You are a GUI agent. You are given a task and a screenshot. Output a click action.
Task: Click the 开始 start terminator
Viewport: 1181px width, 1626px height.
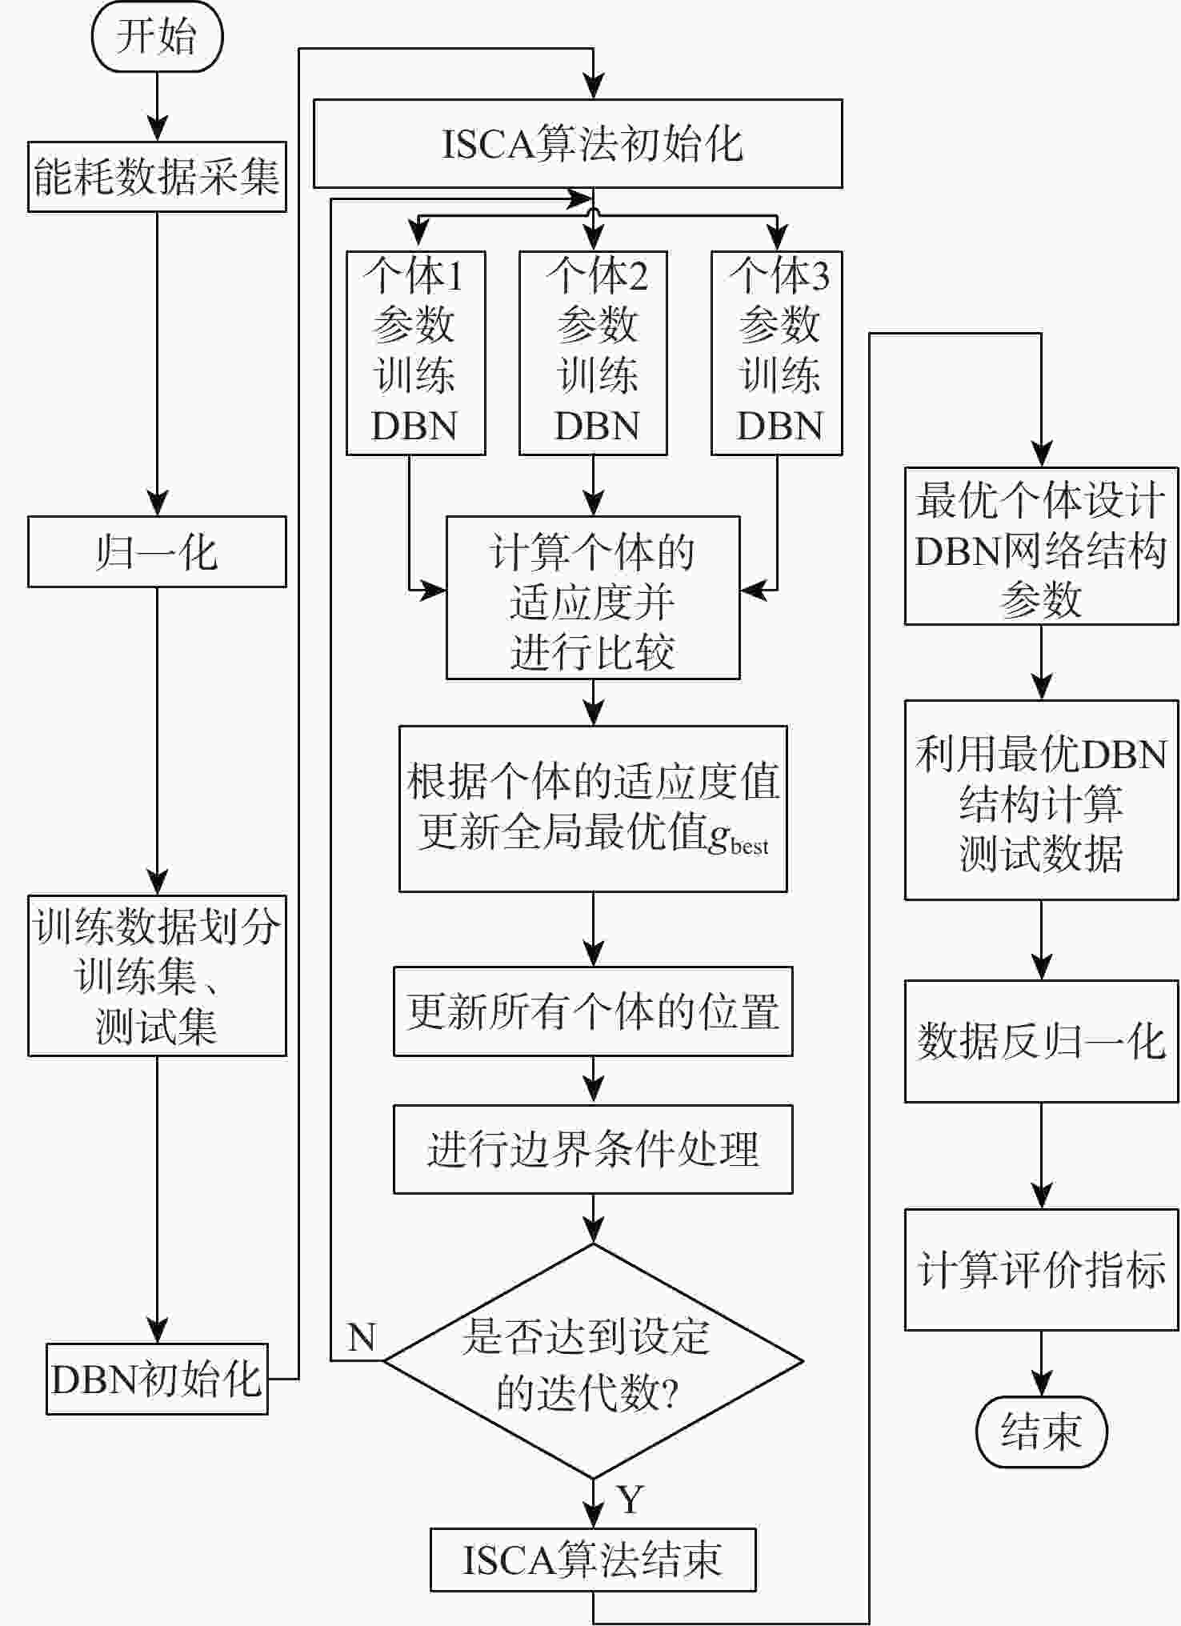pyautogui.click(x=157, y=37)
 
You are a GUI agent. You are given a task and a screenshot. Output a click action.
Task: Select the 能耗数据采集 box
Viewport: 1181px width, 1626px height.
pyautogui.click(x=157, y=177)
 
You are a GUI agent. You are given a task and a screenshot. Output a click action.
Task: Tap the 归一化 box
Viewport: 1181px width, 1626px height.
pyautogui.click(x=157, y=552)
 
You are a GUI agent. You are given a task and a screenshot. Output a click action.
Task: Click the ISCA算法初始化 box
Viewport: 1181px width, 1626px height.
pyautogui.click(x=577, y=144)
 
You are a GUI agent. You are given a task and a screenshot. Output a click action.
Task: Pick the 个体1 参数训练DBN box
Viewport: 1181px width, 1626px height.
pyautogui.click(x=415, y=353)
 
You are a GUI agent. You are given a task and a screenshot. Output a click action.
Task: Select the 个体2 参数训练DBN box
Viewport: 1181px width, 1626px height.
pyautogui.click(x=593, y=353)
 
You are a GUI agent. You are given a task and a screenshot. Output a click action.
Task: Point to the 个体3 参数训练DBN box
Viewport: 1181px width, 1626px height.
pyautogui.click(x=777, y=353)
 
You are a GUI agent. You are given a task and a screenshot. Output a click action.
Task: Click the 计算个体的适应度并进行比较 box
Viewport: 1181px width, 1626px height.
pyautogui.click(x=593, y=598)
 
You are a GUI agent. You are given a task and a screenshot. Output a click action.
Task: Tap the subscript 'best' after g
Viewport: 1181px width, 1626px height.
pyautogui.click(x=750, y=847)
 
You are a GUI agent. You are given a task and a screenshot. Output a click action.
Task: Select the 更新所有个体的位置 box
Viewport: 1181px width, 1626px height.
pyautogui.click(x=593, y=1011)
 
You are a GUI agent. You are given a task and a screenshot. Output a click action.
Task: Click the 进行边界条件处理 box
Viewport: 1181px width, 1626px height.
pyautogui.click(x=593, y=1149)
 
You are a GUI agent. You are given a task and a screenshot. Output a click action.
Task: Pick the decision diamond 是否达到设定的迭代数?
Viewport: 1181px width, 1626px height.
pyautogui.click(x=593, y=1361)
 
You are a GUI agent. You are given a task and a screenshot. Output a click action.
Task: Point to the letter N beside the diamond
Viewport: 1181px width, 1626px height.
pyautogui.click(x=362, y=1337)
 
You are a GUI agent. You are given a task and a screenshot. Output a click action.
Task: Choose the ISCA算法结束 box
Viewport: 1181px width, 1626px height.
pyautogui.click(x=593, y=1560)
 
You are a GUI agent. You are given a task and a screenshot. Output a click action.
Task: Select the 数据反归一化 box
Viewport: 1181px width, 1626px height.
pyautogui.click(x=1041, y=1041)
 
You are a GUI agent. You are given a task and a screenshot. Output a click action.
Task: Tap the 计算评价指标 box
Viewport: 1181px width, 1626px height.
pyautogui.click(x=1041, y=1270)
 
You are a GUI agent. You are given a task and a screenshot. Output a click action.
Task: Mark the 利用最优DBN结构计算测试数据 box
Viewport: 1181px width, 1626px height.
pyautogui.click(x=1041, y=800)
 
